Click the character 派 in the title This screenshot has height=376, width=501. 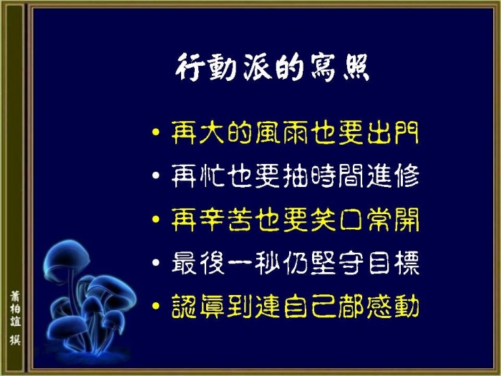[257, 67]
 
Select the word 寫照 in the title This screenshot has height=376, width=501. [340, 67]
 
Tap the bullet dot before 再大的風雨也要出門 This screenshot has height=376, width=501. [155, 132]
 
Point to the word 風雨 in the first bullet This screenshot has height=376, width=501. [281, 132]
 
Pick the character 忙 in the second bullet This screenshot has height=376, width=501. [212, 175]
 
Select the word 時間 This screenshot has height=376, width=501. [337, 175]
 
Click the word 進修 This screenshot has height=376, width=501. [393, 175]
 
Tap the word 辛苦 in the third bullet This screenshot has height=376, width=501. [225, 219]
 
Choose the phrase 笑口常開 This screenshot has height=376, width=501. [365, 219]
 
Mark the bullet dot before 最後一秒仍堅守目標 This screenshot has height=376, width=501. [155, 263]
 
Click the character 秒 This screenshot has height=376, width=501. [268, 263]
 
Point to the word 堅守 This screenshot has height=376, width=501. [337, 263]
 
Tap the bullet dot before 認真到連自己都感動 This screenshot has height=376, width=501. [155, 306]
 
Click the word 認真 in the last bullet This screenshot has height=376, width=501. [198, 307]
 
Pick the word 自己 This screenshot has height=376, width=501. [309, 307]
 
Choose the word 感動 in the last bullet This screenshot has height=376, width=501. [393, 307]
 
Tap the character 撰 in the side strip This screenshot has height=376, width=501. [15, 340]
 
